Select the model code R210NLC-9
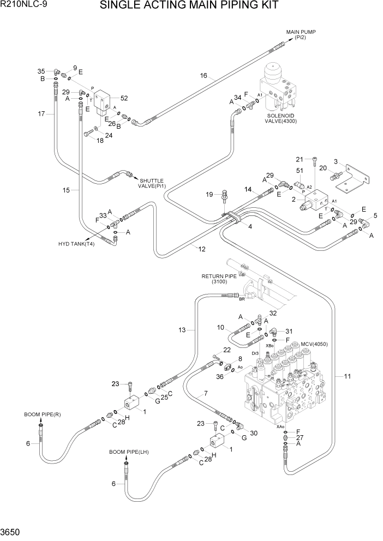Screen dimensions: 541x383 click(23, 6)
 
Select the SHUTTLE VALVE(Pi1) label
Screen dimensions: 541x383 click(152, 183)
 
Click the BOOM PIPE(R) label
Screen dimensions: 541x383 click(42, 414)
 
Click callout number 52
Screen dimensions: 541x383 click(124, 98)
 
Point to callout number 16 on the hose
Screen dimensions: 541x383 click(204, 76)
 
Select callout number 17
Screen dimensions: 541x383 click(41, 113)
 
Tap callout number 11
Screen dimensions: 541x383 click(348, 376)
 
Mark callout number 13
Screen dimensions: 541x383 click(182, 330)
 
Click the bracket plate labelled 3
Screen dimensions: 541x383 click(352, 183)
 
